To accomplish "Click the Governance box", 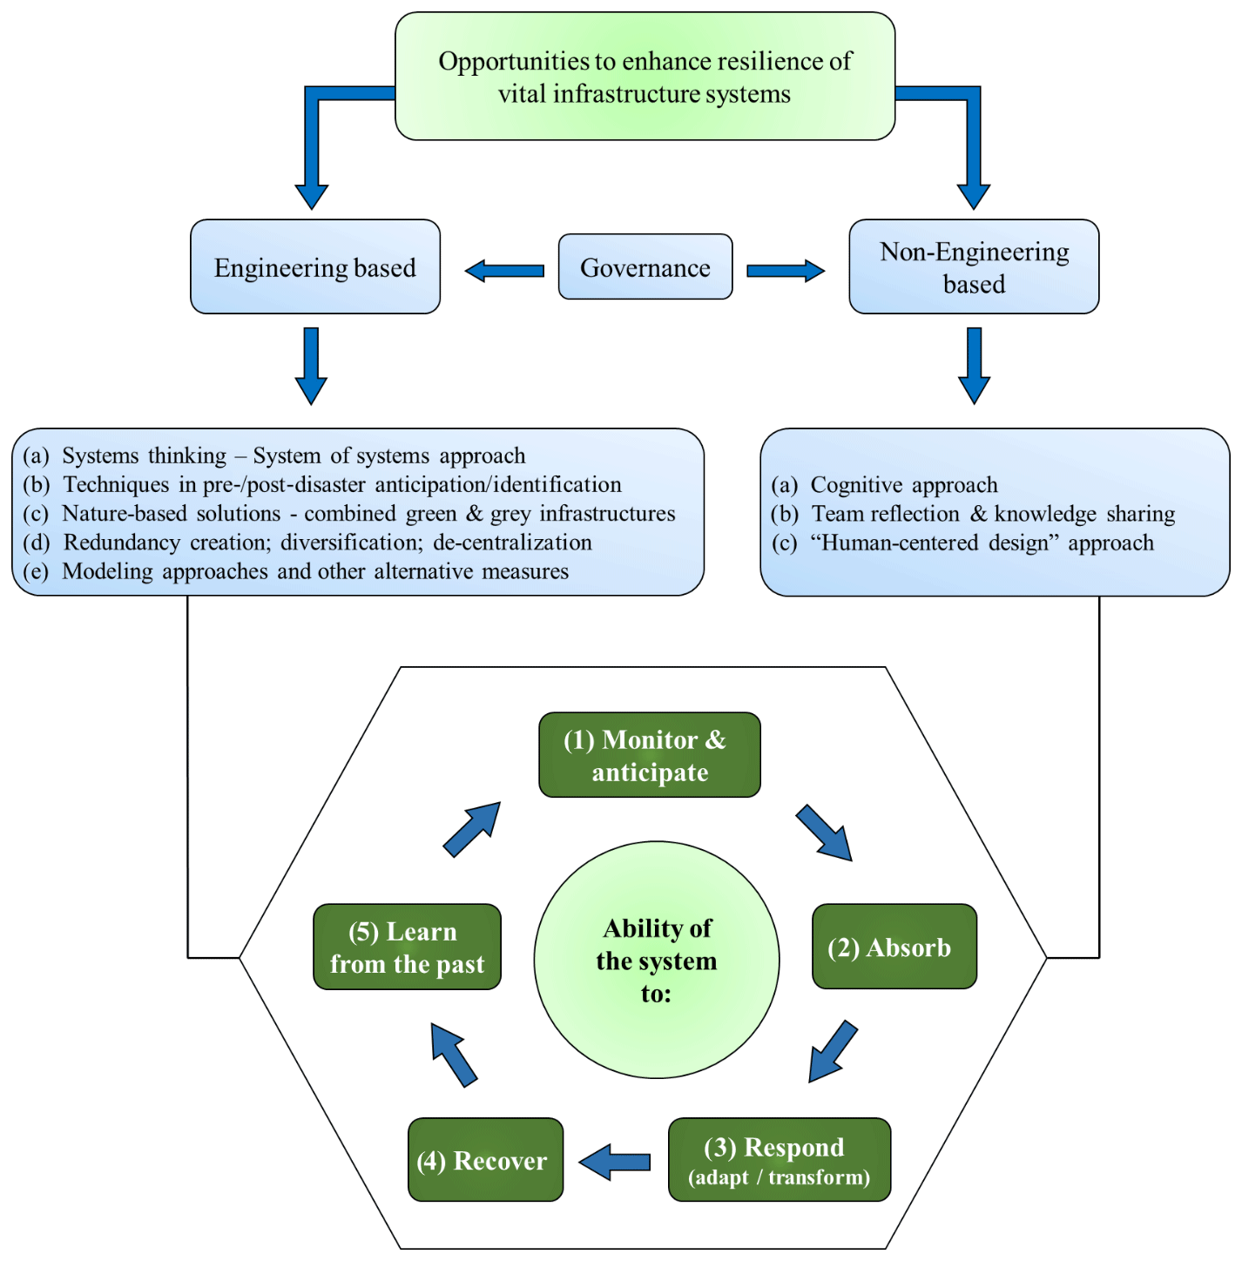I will click(x=645, y=267).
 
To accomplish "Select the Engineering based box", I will click(x=315, y=267).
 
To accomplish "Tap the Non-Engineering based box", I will click(x=974, y=267).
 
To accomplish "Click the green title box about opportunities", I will click(x=645, y=77).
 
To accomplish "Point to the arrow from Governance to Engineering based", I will click(x=504, y=271).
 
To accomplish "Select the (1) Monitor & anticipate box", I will click(x=650, y=755).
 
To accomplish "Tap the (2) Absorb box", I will click(x=894, y=947).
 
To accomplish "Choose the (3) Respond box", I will click(x=780, y=1160).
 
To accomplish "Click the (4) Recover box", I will click(x=485, y=1160).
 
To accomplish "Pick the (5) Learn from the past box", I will click(x=407, y=947).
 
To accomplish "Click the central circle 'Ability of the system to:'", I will click(x=657, y=960).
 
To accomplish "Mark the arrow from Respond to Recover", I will click(x=615, y=1162).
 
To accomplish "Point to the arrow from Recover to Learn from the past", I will click(x=454, y=1055).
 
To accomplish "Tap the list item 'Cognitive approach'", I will click(x=903, y=485).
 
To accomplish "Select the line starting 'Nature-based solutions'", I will click(x=368, y=514).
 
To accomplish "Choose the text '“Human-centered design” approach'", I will click(x=982, y=543).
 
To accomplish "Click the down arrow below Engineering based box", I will click(x=311, y=365).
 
